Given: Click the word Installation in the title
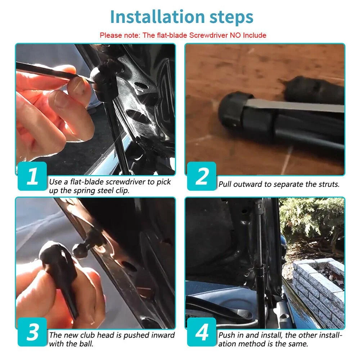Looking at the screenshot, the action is (x=157, y=17).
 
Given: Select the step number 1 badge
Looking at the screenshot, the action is (x=32, y=176).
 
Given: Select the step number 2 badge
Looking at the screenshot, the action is (x=202, y=176).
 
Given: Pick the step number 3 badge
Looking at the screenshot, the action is (x=32, y=332).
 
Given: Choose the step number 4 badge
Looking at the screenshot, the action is (x=202, y=332).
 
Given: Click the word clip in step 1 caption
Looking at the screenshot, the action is (x=122, y=191).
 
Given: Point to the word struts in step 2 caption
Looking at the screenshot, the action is (x=329, y=184).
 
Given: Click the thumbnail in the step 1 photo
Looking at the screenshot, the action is (x=78, y=84).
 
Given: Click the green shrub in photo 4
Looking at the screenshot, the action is (x=312, y=220).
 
